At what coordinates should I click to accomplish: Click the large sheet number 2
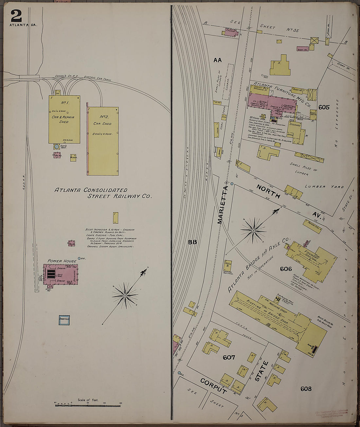pos(16,16)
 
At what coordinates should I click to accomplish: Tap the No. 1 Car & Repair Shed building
pos(64,119)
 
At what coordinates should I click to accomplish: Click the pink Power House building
pos(61,274)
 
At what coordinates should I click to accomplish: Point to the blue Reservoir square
pos(64,320)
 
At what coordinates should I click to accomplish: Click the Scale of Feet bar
pos(88,406)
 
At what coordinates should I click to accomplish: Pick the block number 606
pos(285,269)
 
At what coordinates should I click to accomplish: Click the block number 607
pos(229,357)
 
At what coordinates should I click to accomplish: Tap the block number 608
pos(306,389)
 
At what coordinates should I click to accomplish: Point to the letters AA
pos(217,60)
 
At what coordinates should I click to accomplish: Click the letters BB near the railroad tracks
pos(192,242)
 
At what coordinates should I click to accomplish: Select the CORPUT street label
pos(213,386)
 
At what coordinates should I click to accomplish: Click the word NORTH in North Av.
pos(268,192)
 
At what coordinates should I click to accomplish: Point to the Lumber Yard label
pos(324,187)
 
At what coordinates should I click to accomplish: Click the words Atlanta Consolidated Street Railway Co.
pos(103,193)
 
